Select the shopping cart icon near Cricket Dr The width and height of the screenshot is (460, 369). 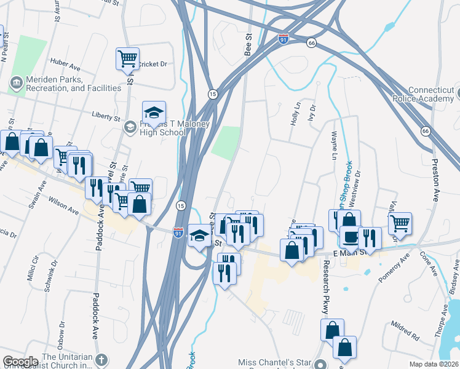[x=127, y=59]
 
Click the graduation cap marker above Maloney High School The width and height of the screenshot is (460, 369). [x=154, y=113]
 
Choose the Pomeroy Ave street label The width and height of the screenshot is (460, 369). [x=394, y=270]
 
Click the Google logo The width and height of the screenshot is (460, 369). [x=20, y=362]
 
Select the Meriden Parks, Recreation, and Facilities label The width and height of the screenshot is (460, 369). [x=66, y=84]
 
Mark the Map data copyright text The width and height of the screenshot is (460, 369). [x=433, y=364]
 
